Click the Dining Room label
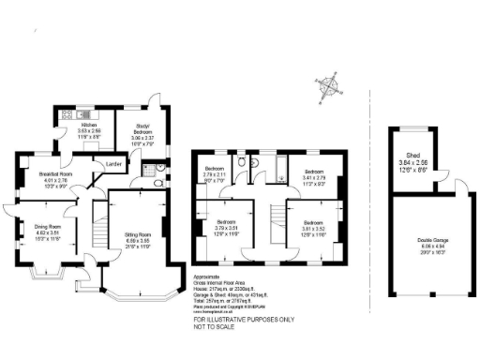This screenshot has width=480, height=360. coord(48,227)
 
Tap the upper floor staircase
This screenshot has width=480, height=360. coord(273,217)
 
